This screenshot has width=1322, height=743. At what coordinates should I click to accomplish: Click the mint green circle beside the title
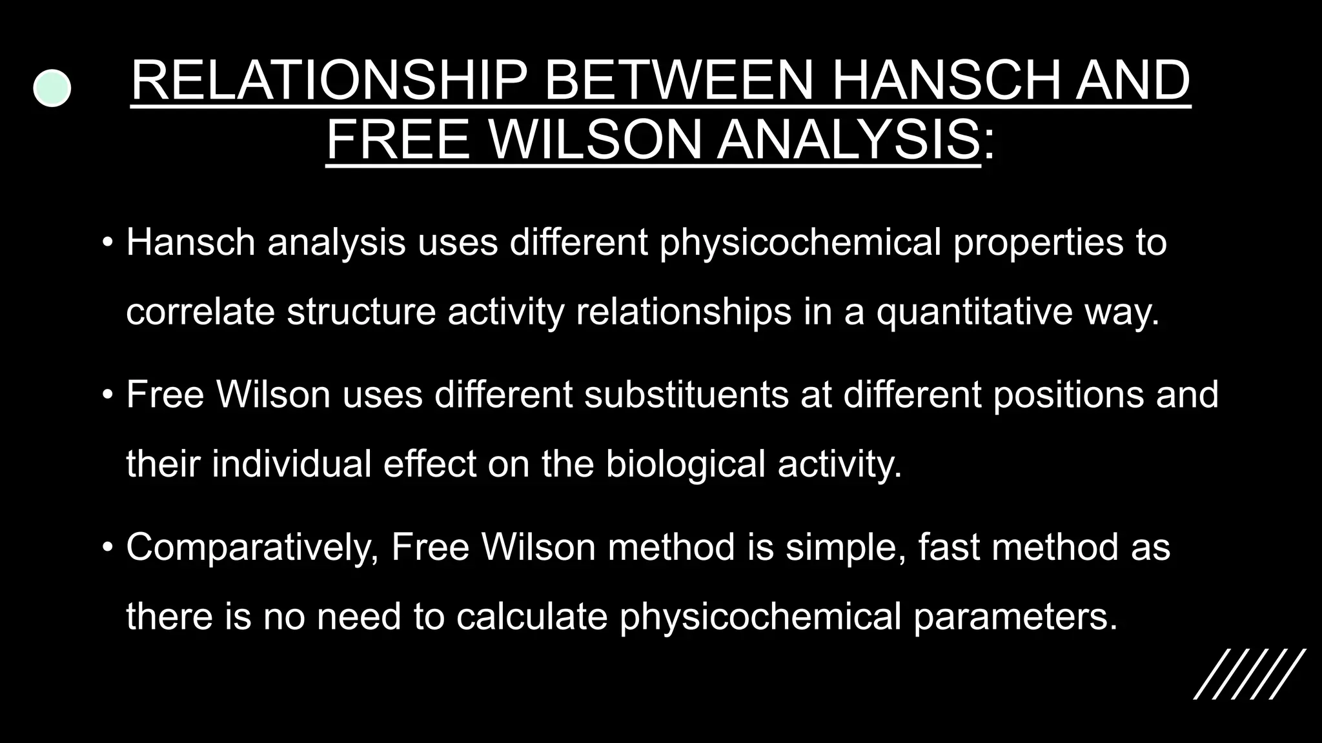click(x=52, y=88)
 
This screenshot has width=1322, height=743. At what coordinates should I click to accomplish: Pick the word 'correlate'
click(x=200, y=312)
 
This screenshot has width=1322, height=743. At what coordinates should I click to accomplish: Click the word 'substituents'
click(x=686, y=394)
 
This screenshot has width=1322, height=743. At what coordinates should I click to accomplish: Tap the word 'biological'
click(x=685, y=464)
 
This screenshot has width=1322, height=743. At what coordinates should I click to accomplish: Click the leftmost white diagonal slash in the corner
click(x=1214, y=674)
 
